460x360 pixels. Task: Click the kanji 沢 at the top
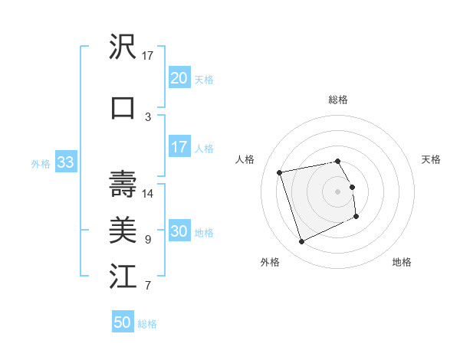123,47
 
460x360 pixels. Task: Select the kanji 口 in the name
123,108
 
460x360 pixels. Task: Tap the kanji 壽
123,185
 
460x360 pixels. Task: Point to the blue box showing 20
179,78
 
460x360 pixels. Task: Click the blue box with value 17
179,147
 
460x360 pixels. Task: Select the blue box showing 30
179,232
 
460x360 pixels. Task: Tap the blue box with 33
65,162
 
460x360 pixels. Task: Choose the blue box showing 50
123,322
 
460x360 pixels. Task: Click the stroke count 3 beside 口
148,116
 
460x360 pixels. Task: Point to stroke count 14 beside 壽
148,193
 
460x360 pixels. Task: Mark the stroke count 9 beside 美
148,239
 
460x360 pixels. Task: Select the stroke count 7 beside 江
148,286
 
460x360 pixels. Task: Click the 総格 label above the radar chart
338,100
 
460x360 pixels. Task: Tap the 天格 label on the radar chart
431,159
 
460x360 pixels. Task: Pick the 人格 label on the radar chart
245,159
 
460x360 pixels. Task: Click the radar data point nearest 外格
301,242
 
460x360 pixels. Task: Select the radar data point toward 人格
280,172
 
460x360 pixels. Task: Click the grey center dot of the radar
338,191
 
